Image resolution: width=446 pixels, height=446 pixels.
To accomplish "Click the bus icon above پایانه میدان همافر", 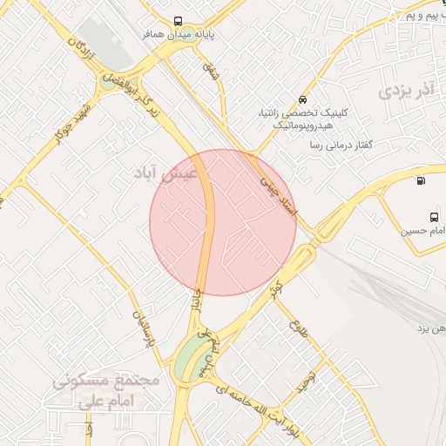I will point(178,22).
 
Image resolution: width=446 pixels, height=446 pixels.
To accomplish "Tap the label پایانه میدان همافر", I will point(178,36).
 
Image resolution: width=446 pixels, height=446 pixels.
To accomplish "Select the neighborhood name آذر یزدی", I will point(407,90).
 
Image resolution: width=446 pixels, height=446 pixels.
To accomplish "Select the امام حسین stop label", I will point(424,231).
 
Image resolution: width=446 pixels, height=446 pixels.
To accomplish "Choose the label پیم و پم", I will point(424,16).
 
